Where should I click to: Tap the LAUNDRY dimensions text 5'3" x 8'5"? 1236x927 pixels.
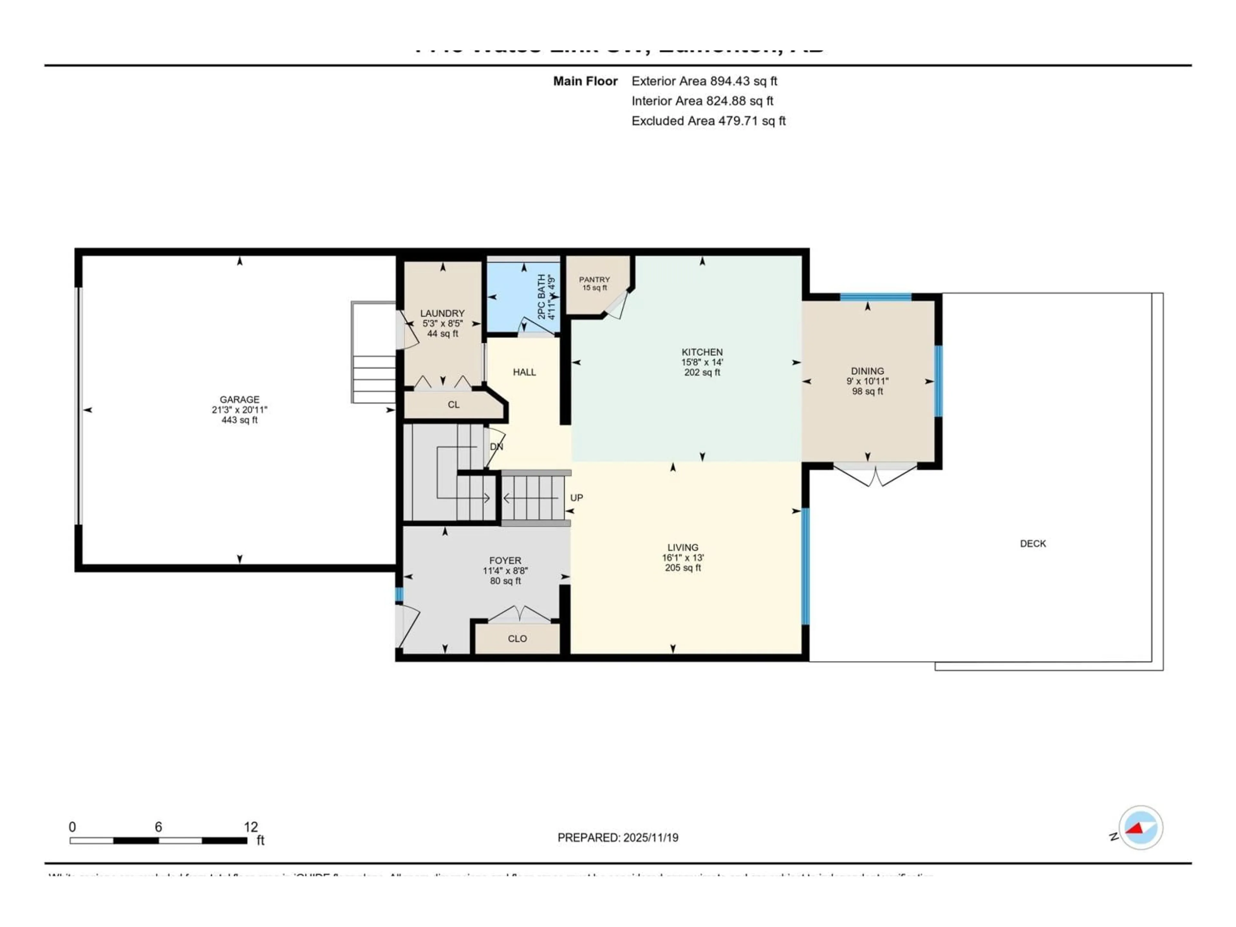443,323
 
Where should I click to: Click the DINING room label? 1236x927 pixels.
867,371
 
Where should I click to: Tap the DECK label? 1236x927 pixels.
1033,543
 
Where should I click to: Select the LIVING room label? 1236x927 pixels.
682,548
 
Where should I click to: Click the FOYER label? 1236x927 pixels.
505,560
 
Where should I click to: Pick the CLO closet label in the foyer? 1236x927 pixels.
517,639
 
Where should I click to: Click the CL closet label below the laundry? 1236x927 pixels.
453,405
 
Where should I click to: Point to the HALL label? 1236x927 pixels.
524,372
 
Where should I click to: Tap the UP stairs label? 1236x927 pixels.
576,498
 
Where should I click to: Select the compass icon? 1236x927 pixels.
1140,828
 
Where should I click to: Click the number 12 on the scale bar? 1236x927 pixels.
251,827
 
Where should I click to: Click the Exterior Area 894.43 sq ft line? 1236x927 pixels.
704,81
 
